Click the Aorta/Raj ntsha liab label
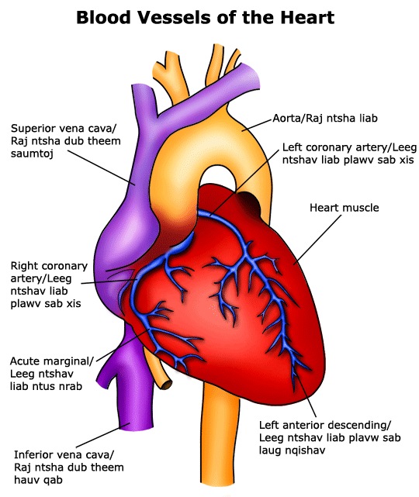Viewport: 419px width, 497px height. tap(325, 118)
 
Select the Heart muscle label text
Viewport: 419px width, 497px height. tap(345, 208)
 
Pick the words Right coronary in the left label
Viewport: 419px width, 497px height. tap(49, 266)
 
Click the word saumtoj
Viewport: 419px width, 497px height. tap(32, 154)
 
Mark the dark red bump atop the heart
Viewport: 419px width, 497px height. tap(250, 202)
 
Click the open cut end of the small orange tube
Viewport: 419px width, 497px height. tap(167, 385)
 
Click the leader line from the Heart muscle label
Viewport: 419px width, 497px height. tap(317, 240)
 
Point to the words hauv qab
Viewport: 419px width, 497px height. tap(38, 480)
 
